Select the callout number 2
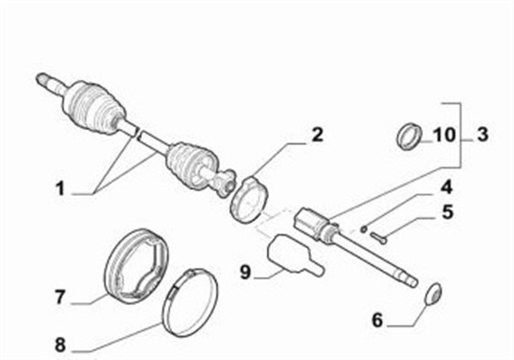317,134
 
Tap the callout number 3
481,134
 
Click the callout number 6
377,320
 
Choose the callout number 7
59,297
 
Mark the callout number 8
59,346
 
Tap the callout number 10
443,134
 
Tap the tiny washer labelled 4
363,228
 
